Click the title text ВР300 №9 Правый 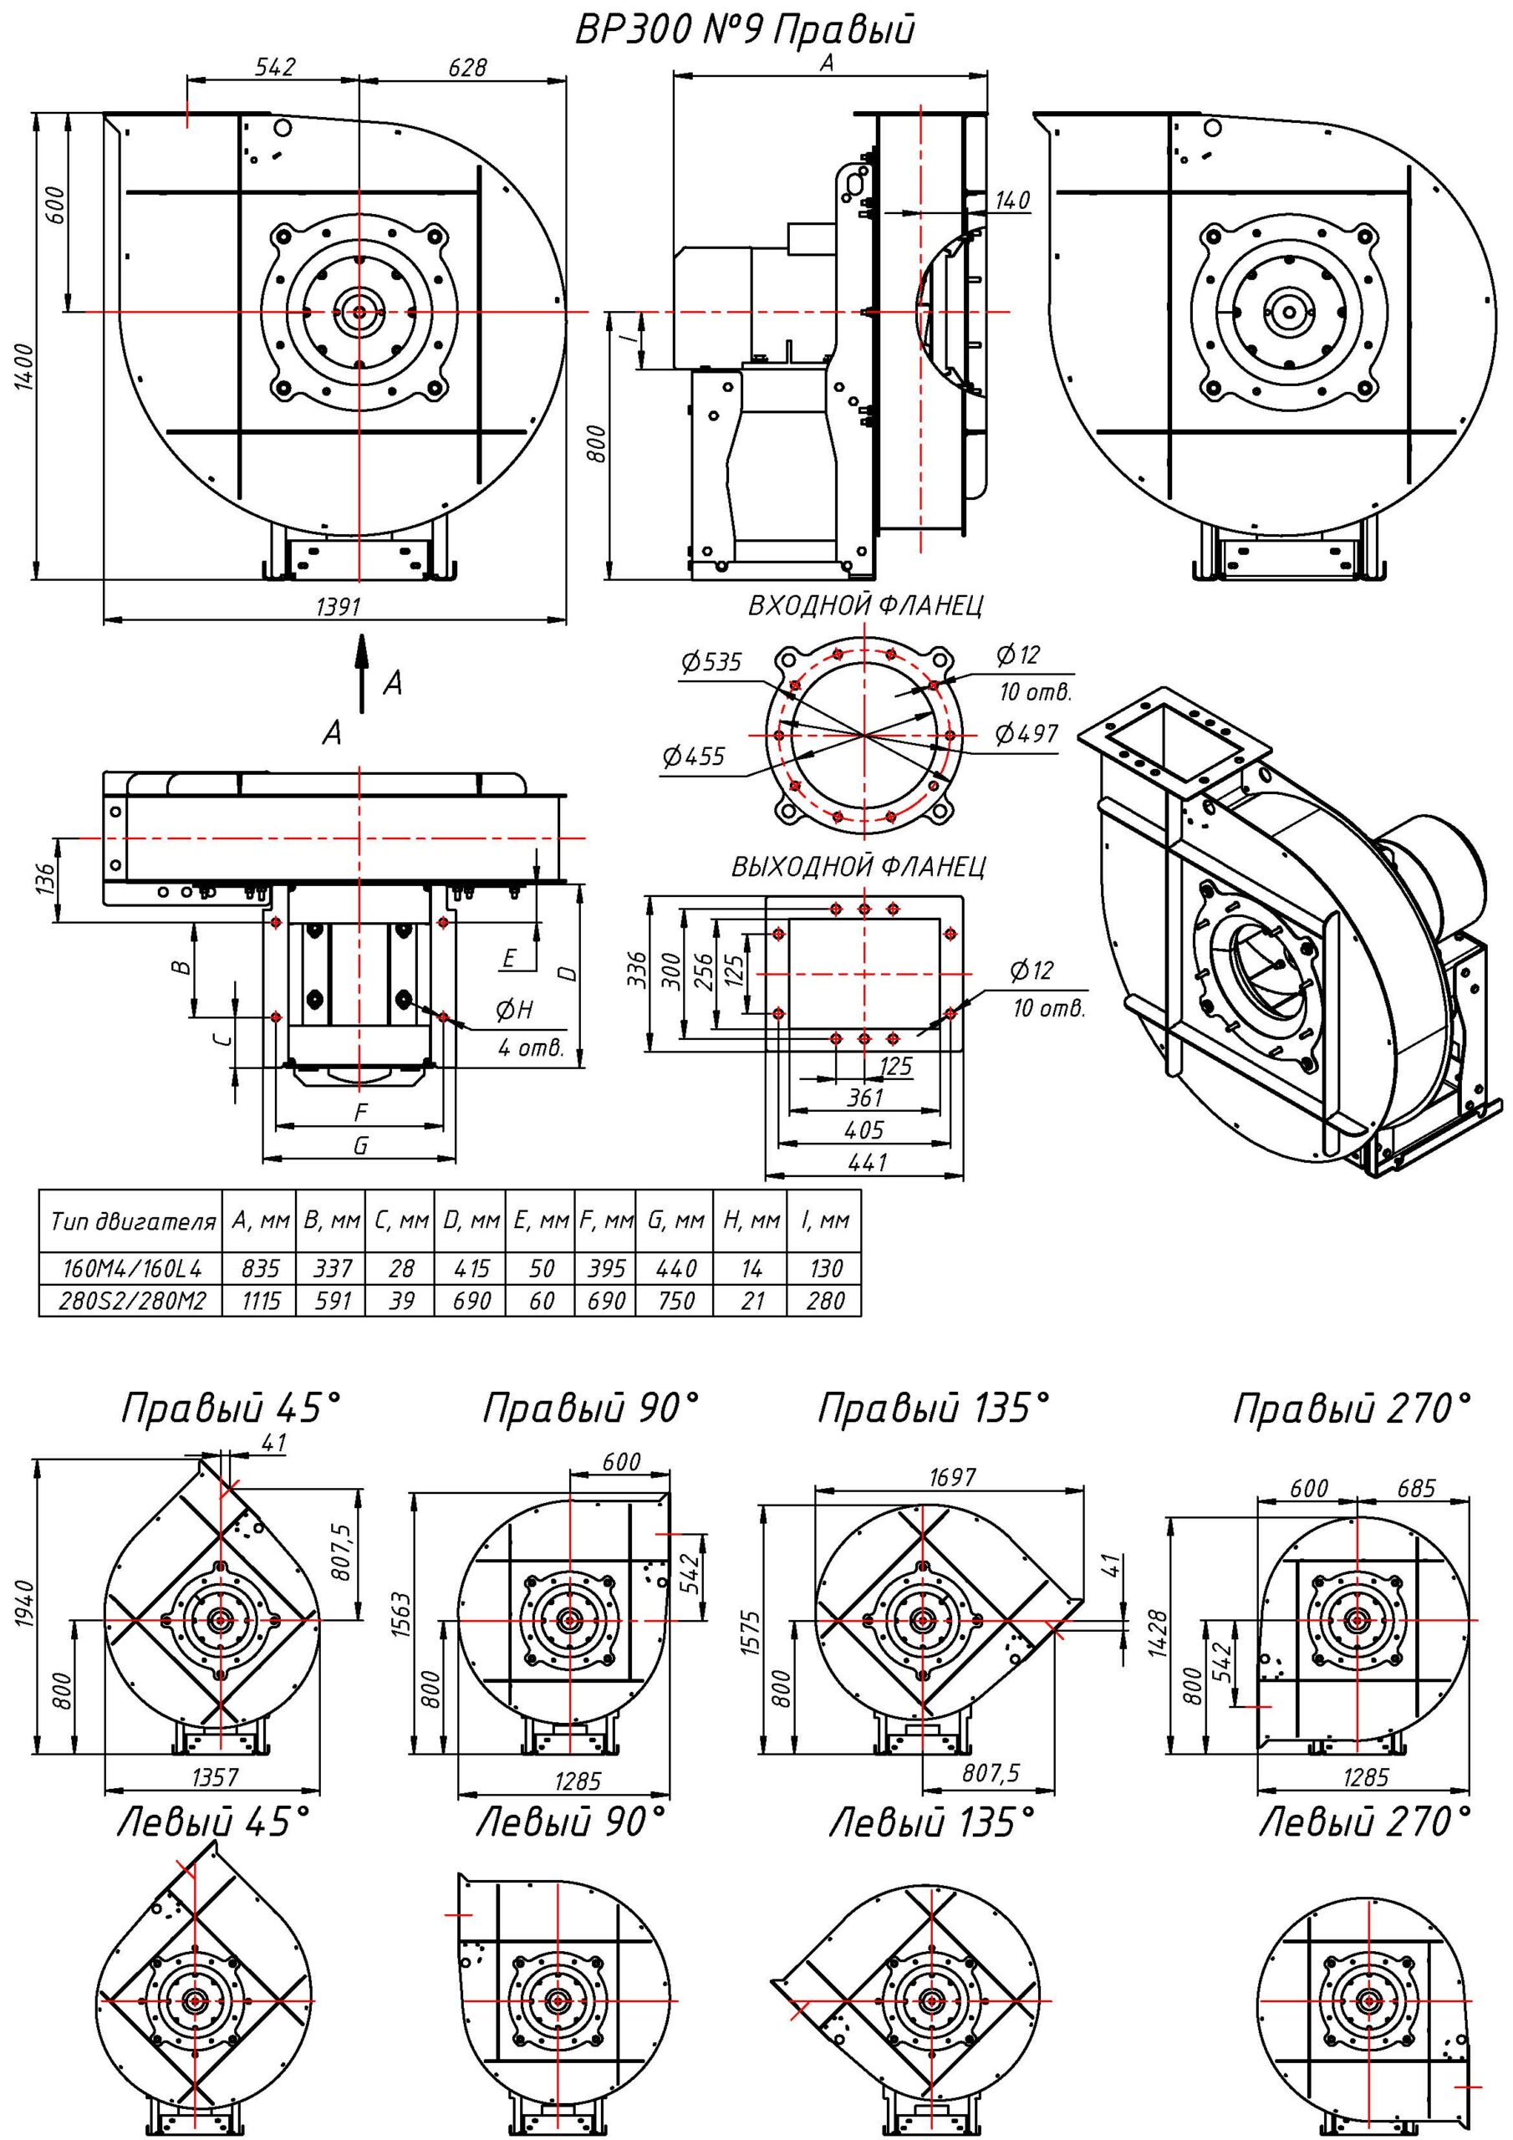coord(744,31)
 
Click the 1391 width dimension coord(338,607)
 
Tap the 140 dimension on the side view coord(1011,201)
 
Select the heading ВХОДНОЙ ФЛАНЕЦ coord(865,606)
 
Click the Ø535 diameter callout coord(711,662)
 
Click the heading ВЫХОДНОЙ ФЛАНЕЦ coord(858,867)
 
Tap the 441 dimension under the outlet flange coord(863,1162)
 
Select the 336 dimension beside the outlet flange coord(638,972)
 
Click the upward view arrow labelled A coord(362,673)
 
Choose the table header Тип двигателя coord(131,1221)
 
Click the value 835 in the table coord(260,1268)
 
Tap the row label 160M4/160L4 coord(131,1268)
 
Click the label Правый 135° coord(933,1409)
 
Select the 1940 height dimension coord(25,1599)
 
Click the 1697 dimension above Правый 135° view coord(952,1476)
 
